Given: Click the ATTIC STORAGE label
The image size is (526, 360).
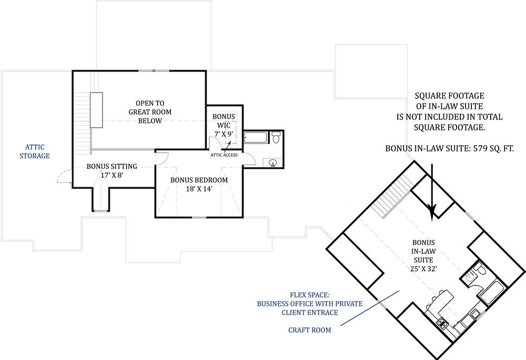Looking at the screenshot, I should (35, 151).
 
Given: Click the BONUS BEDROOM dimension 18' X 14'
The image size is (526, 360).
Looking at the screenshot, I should (199, 189).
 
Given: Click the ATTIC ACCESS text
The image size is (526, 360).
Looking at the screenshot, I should (225, 155).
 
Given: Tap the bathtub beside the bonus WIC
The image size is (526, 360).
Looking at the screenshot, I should (257, 138).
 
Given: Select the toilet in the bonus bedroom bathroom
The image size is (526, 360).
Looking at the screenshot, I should (276, 138).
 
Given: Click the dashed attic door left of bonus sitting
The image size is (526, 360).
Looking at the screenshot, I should (64, 177).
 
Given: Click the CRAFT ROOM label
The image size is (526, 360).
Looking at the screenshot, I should (310, 330).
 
